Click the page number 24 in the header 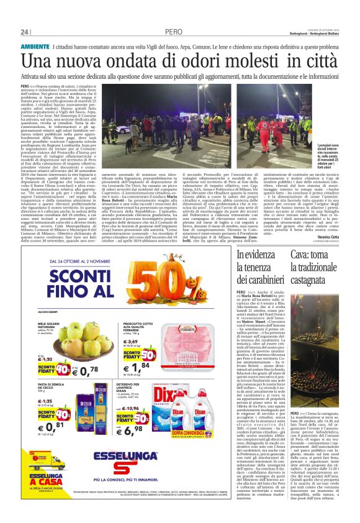pos(25,32)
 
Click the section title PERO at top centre pos(174,32)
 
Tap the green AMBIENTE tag pos(35,47)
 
